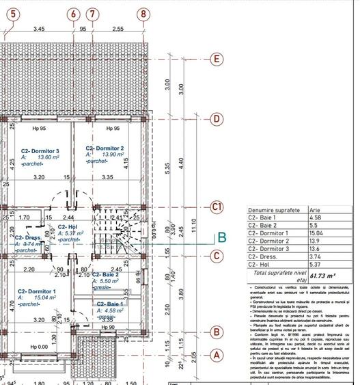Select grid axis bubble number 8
click(x=142, y=13)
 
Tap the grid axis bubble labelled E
click(x=217, y=59)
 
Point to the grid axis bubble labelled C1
click(x=217, y=207)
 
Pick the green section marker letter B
click(x=221, y=238)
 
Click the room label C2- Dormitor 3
click(x=40, y=151)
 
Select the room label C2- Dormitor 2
click(x=105, y=148)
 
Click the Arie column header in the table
click(x=316, y=210)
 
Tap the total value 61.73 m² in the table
click(x=325, y=275)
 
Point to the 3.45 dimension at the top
click(x=39, y=29)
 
